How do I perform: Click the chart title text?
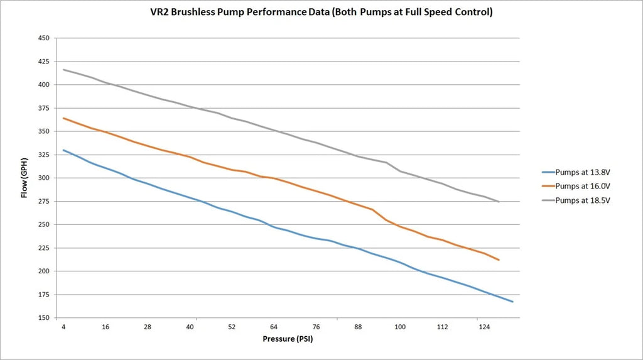coord(321,12)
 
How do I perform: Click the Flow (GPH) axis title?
coord(24,178)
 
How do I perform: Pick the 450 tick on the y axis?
coord(44,38)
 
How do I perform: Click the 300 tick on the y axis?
coord(44,178)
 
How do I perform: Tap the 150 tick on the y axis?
coord(44,318)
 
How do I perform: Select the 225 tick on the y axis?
coord(44,248)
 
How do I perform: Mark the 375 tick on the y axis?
coord(44,108)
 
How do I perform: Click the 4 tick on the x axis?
coord(63,327)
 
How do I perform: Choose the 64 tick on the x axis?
coord(274,327)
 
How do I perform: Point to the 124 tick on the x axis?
coord(484,327)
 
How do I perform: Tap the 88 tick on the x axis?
coord(358,327)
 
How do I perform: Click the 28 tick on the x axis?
coord(148,327)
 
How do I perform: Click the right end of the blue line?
coord(513,302)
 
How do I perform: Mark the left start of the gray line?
coord(63,70)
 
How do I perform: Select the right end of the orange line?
coord(499,259)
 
